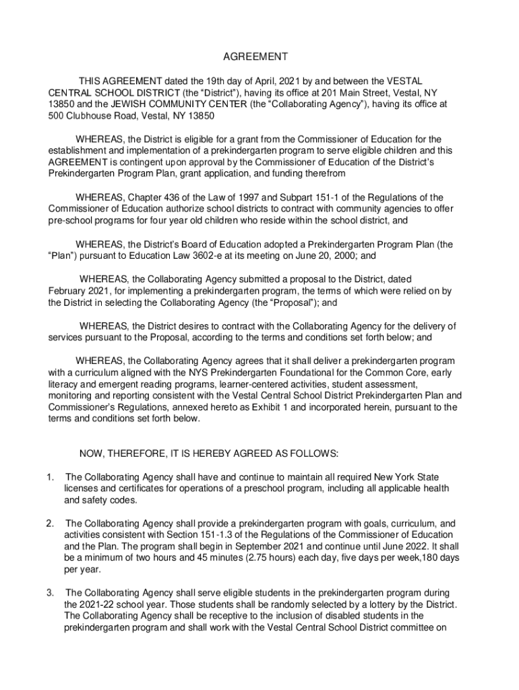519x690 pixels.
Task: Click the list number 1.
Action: point(50,477)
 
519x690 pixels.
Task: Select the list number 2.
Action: point(50,524)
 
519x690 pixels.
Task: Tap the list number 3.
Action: point(50,592)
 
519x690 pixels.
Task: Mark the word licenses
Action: point(83,489)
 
